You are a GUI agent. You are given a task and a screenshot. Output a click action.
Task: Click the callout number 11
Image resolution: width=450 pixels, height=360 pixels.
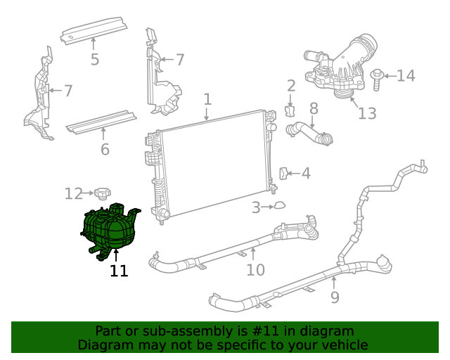(x=119, y=271)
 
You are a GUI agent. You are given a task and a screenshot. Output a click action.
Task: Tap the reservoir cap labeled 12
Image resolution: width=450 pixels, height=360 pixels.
(x=104, y=192)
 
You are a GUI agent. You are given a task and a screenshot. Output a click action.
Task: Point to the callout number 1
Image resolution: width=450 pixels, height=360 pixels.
(x=207, y=99)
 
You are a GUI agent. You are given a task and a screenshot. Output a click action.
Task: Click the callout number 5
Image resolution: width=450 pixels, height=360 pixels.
(x=95, y=59)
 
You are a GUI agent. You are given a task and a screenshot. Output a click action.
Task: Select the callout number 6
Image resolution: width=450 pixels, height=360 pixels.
(x=105, y=149)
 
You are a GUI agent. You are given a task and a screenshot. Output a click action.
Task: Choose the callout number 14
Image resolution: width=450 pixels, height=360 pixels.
(x=406, y=75)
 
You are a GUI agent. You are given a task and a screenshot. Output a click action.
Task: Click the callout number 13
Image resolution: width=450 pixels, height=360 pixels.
(x=367, y=113)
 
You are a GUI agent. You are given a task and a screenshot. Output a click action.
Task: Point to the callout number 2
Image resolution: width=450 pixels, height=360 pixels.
(x=291, y=86)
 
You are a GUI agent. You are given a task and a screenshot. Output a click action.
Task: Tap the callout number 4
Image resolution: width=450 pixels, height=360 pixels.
(x=305, y=173)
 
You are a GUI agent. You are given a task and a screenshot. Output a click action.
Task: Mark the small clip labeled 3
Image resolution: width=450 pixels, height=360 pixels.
(x=279, y=206)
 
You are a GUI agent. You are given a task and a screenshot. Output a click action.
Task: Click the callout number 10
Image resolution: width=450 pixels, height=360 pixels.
(x=255, y=269)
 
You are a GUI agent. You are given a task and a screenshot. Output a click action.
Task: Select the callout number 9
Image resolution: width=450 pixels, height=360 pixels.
(x=335, y=297)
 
